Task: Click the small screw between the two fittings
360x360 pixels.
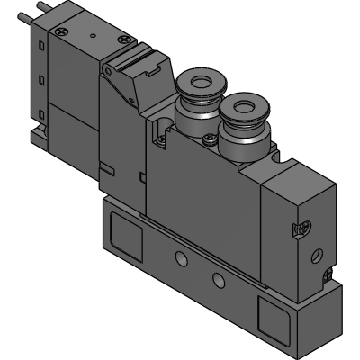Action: coord(210,138)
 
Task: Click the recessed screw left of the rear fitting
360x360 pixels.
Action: coord(161,138)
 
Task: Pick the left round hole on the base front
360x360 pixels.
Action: coord(182,260)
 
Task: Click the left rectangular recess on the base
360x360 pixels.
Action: coord(124,238)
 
